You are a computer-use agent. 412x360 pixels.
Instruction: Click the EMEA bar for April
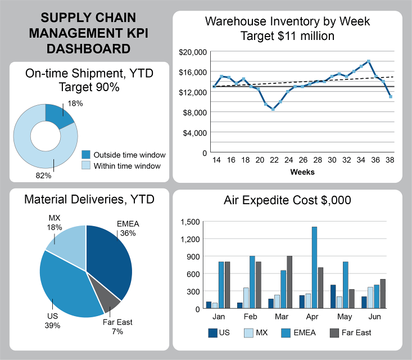314,267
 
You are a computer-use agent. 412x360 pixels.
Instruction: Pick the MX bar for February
246,298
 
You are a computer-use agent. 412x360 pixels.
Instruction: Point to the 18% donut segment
58,115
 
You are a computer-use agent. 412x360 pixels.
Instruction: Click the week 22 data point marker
273,109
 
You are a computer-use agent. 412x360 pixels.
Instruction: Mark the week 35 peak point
368,61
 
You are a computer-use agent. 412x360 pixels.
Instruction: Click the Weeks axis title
302,172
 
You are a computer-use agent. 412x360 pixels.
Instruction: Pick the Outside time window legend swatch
85,155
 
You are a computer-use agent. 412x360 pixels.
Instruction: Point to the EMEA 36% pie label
126,228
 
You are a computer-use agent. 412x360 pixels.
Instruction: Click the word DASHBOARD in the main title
89,49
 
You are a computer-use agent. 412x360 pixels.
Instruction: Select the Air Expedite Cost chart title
287,200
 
